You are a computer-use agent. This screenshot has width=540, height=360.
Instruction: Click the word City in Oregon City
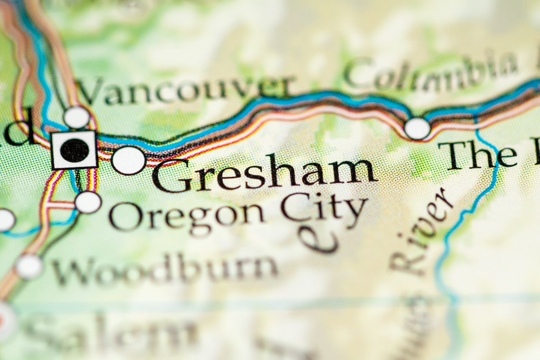click(x=324, y=209)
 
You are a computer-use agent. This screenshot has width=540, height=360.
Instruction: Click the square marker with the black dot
click(x=74, y=150)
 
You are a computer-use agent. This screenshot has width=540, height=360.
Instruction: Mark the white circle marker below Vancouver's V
click(x=76, y=117)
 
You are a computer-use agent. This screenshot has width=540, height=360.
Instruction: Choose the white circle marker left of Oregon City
click(x=88, y=202)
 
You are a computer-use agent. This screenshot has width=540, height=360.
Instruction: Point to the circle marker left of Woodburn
click(x=29, y=266)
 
